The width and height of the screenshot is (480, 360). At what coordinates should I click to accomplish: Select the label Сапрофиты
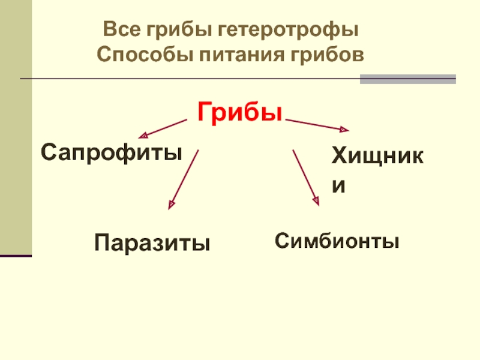point(111,152)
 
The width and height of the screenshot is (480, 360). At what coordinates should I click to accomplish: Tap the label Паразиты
point(152,243)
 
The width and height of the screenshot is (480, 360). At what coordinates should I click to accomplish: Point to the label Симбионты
point(337,241)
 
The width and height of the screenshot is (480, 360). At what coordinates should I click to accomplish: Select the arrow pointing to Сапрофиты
point(163,128)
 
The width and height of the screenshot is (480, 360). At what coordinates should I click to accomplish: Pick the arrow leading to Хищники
point(317,125)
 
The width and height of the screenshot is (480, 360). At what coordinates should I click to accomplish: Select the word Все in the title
point(118,29)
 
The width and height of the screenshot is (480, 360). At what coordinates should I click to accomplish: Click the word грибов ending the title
point(327,55)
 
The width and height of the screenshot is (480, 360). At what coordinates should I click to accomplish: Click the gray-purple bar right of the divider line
point(407,79)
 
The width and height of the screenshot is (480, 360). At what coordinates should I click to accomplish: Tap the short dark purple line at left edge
point(16,256)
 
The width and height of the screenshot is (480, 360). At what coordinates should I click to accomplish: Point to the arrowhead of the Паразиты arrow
point(171,205)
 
